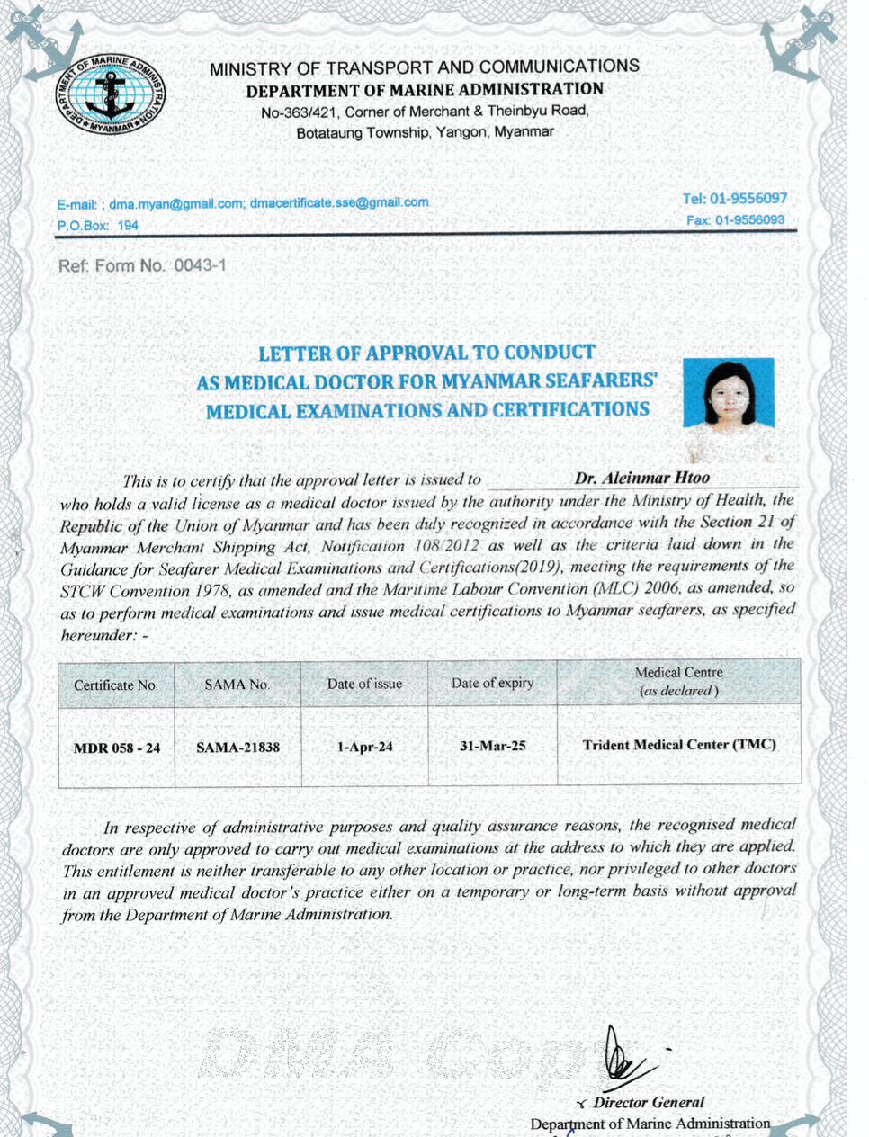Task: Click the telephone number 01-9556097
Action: (748, 199)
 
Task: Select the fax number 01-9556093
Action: (749, 219)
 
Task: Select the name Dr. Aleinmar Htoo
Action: (642, 478)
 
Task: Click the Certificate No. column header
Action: (116, 685)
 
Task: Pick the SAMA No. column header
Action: (237, 685)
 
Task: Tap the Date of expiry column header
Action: (492, 684)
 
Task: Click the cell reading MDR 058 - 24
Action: (117, 748)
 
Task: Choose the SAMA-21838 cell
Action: (237, 747)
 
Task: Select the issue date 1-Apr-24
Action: (364, 747)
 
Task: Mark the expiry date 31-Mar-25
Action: (492, 746)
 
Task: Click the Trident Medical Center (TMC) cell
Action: (679, 745)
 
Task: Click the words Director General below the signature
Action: (649, 1102)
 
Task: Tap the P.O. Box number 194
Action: (128, 225)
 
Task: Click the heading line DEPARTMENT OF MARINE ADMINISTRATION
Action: (425, 90)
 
